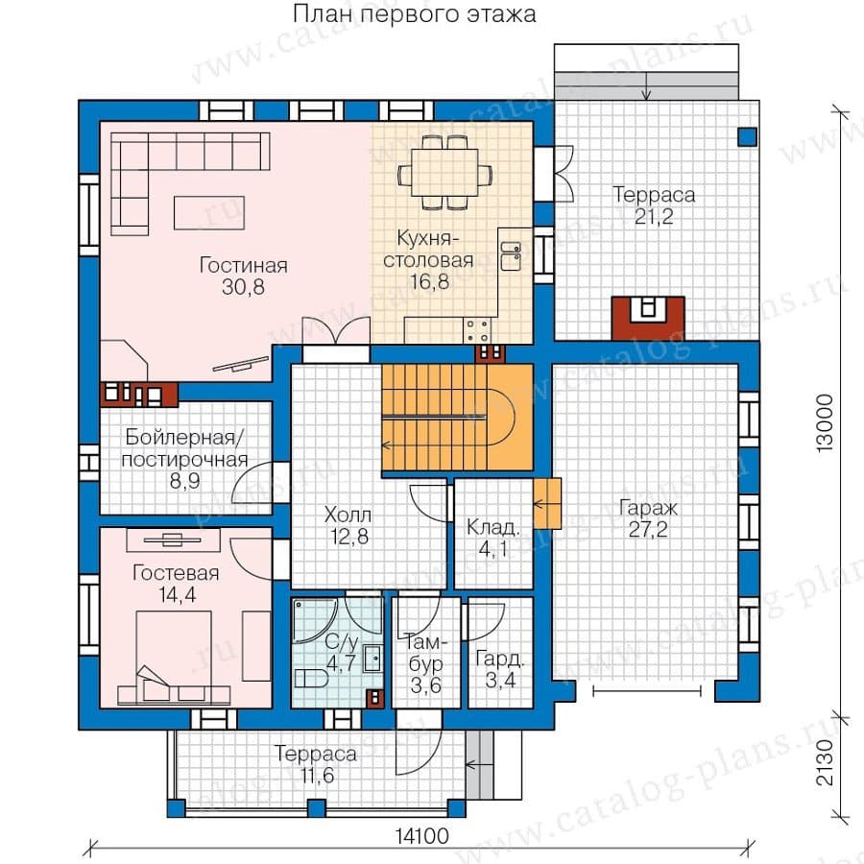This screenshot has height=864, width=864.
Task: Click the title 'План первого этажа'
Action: (x=414, y=13)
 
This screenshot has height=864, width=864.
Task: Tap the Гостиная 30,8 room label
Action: (x=244, y=276)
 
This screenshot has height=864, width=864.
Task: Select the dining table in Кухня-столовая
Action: (x=445, y=172)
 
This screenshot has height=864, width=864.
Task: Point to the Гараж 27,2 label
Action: (x=648, y=518)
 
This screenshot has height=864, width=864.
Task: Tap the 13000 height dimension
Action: (x=825, y=423)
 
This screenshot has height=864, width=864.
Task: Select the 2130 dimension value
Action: (x=825, y=762)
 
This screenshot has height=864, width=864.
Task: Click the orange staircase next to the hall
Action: (x=457, y=418)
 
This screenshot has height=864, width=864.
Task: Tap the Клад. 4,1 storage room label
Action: (x=493, y=538)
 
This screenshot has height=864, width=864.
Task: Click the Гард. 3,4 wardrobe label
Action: (x=500, y=669)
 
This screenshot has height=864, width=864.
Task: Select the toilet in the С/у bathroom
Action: (x=311, y=678)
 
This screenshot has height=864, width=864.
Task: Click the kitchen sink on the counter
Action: (x=511, y=256)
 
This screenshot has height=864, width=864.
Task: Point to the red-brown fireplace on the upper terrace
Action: (x=648, y=318)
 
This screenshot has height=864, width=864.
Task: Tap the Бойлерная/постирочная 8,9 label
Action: (x=184, y=459)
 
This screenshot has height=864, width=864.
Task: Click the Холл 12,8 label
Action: (x=348, y=526)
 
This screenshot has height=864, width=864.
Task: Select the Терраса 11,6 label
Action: (x=316, y=764)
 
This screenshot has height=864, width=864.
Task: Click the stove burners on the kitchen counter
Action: (x=476, y=330)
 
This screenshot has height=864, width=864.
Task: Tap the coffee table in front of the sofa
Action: (x=209, y=213)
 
